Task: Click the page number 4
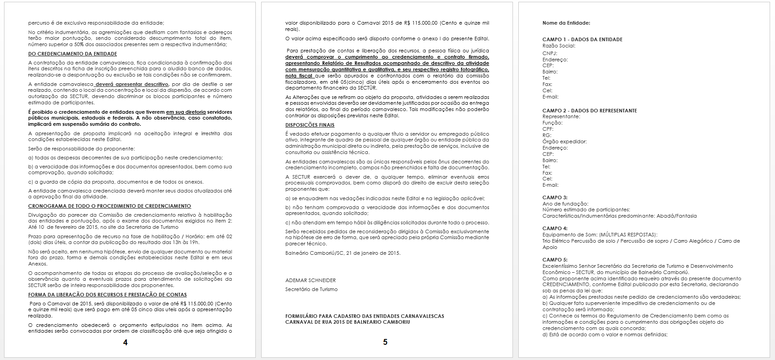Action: (x=125, y=343)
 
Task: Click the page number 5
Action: (x=385, y=342)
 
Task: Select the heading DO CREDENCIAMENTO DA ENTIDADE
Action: (x=73, y=54)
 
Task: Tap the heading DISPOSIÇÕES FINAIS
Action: (x=310, y=125)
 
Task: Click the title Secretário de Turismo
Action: (x=311, y=289)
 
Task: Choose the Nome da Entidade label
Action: (x=566, y=23)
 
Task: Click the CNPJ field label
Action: (x=550, y=53)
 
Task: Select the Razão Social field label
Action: (x=559, y=46)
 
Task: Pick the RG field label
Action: (x=547, y=135)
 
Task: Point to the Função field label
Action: (x=552, y=123)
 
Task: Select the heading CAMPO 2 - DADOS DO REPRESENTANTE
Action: (x=590, y=111)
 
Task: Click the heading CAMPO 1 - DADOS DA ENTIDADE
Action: (x=582, y=39)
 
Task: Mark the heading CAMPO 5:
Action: (x=555, y=260)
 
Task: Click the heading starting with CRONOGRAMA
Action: (x=110, y=206)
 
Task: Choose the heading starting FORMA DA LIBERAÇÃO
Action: (x=108, y=295)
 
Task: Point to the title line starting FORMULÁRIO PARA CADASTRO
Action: (x=365, y=316)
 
